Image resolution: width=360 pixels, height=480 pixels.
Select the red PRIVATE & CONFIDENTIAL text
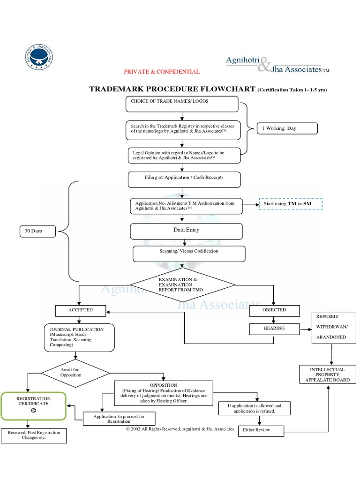click(x=162, y=72)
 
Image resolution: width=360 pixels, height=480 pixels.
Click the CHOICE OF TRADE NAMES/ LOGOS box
click(x=182, y=104)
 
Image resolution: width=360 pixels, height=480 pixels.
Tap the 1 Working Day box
click(x=287, y=128)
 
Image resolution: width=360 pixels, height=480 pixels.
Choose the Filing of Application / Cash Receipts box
click(x=184, y=179)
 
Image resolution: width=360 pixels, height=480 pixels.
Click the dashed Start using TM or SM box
click(x=291, y=204)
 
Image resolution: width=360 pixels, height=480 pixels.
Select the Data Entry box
click(x=186, y=231)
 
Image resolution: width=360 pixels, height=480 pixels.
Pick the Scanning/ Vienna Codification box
click(x=189, y=253)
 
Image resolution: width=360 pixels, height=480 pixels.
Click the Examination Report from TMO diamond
click(x=182, y=285)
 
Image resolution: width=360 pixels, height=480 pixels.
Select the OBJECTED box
click(x=274, y=310)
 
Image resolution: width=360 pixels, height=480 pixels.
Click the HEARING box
click(x=274, y=329)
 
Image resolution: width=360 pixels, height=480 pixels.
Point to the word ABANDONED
click(x=331, y=337)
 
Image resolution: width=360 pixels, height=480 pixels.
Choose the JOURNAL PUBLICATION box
click(x=79, y=337)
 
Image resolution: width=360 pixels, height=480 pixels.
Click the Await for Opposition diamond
click(x=75, y=373)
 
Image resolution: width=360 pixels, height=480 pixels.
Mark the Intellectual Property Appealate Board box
click(x=327, y=375)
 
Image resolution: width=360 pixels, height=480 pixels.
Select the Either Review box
click(x=261, y=430)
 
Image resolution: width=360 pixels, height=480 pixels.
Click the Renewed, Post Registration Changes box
click(x=34, y=435)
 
